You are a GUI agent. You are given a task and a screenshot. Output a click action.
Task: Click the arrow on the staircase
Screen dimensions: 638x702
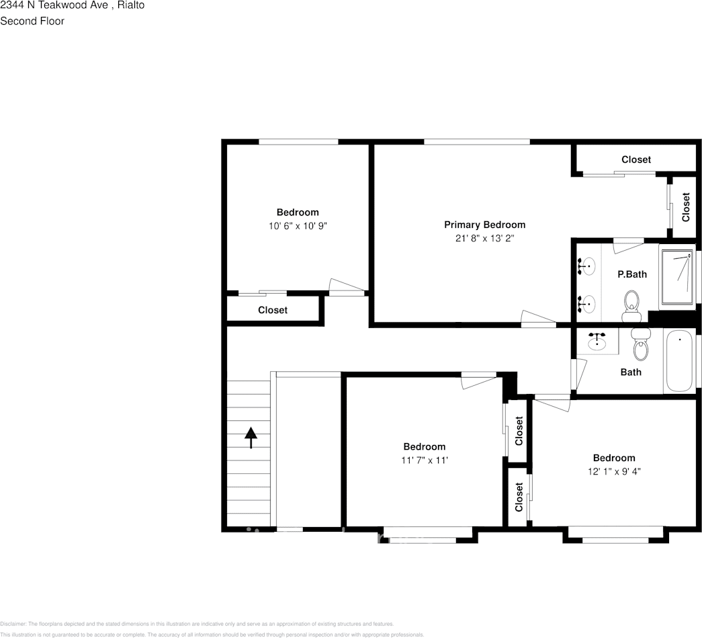(251, 438)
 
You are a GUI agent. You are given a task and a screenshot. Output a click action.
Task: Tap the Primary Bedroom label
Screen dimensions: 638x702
(484, 225)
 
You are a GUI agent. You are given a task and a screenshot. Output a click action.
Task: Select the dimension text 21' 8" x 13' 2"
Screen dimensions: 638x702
(484, 238)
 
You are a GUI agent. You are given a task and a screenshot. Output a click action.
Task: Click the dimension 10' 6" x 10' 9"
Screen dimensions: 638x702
(298, 227)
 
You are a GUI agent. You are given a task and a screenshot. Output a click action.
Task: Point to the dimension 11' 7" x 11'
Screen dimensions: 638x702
(424, 461)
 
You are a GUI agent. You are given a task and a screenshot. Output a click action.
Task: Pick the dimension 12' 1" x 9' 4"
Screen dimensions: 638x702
(613, 472)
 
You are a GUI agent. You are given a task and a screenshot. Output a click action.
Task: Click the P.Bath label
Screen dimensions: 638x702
(632, 274)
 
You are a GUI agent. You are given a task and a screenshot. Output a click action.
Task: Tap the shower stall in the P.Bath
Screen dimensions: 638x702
(677, 278)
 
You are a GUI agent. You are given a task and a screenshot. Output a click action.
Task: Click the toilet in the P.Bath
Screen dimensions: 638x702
(631, 307)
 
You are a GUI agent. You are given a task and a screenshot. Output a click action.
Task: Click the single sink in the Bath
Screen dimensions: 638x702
(597, 342)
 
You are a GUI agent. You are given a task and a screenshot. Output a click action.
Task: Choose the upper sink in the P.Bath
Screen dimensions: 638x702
(587, 267)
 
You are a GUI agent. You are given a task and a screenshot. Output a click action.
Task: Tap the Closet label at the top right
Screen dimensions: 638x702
(635, 159)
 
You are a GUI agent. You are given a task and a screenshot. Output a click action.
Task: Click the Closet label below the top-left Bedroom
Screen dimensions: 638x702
(272, 310)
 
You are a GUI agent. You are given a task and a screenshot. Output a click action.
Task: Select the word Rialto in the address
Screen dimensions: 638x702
(130, 5)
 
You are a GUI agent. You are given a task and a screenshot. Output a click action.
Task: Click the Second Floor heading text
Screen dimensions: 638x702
(32, 21)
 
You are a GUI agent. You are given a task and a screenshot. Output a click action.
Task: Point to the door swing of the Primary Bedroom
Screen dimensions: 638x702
(537, 319)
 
